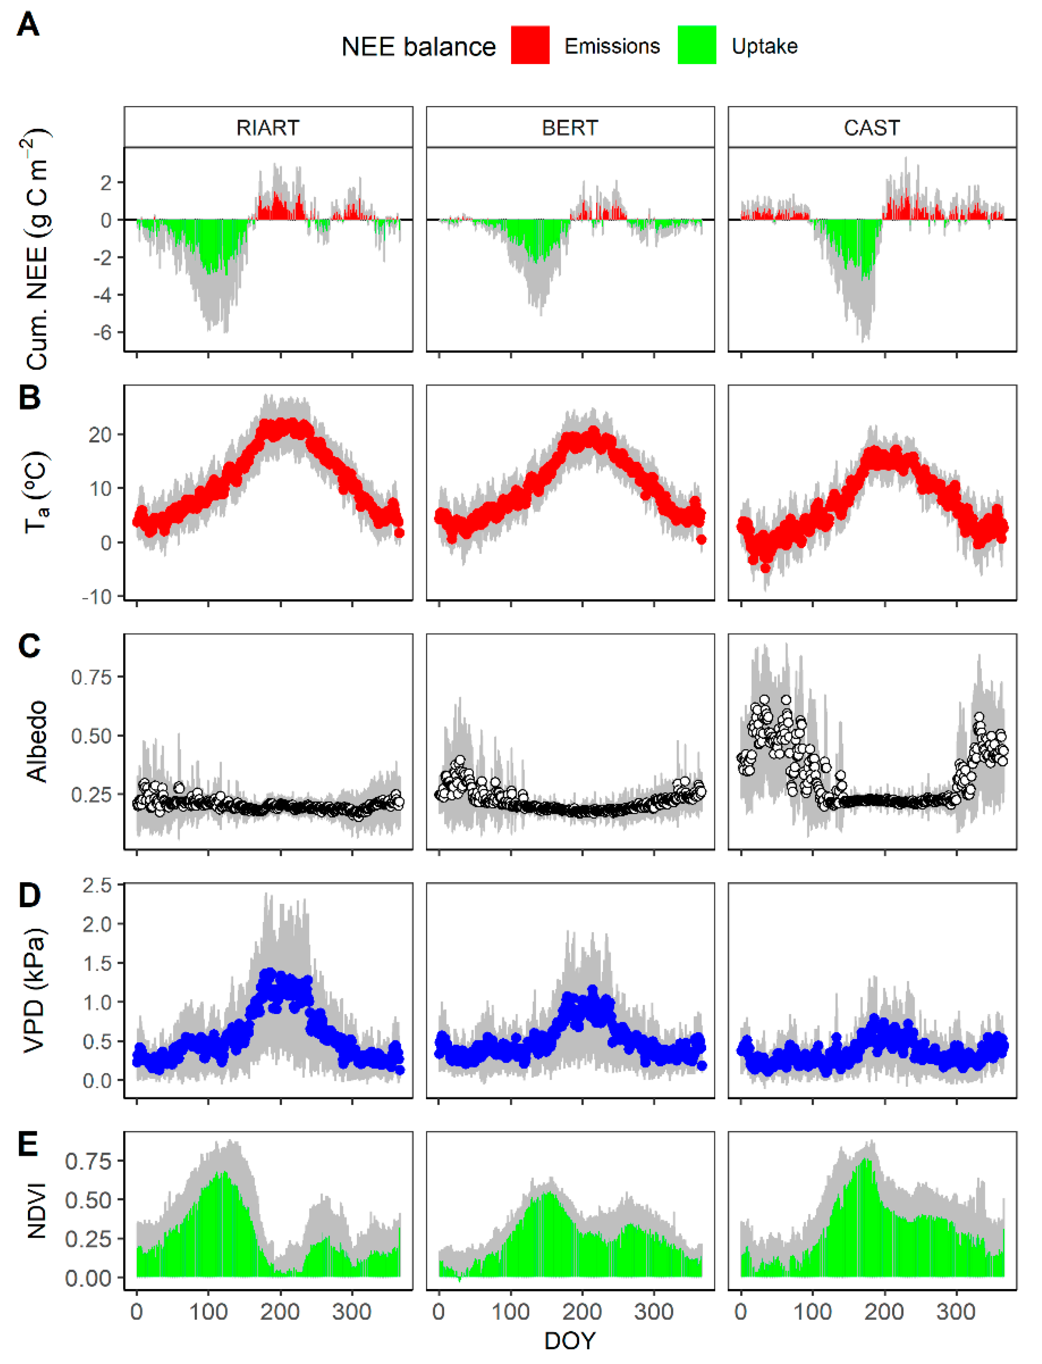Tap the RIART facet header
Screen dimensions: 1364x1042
(x=268, y=128)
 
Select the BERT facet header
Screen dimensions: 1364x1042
(x=570, y=128)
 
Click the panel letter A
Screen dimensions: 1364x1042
(x=28, y=26)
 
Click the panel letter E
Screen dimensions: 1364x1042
(x=28, y=1144)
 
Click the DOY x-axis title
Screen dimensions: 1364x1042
(x=569, y=1341)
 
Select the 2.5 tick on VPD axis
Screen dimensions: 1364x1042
(x=97, y=885)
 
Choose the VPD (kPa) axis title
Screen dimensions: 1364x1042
(x=35, y=990)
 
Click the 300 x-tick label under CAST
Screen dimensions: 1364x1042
(x=956, y=1312)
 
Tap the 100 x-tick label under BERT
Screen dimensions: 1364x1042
(x=511, y=1312)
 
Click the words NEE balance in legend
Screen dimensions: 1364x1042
(x=419, y=47)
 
